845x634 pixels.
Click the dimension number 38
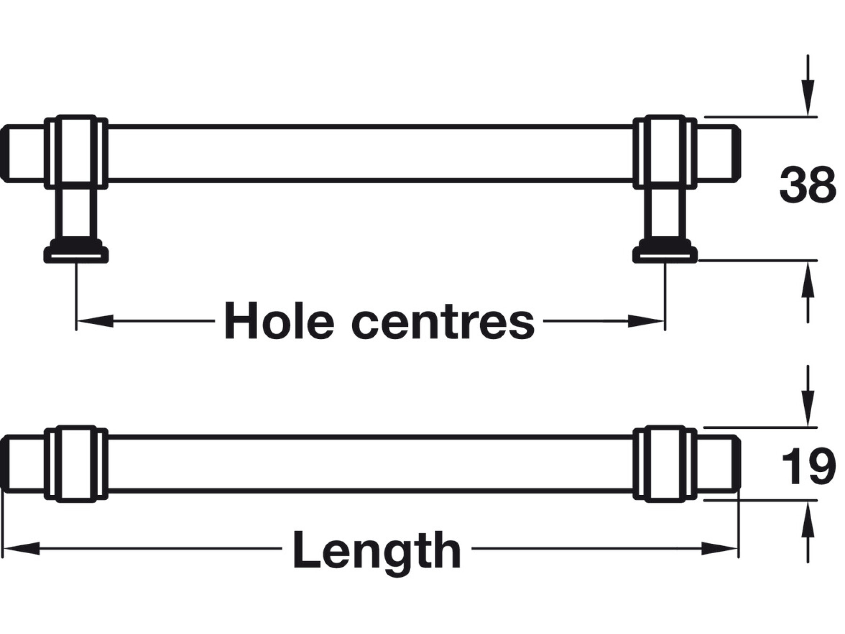point(807,185)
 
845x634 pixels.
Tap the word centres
point(443,322)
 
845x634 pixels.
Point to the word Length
point(377,550)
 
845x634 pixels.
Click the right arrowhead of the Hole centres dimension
point(646,321)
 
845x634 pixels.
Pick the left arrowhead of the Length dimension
point(21,548)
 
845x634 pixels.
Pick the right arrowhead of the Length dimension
point(720,548)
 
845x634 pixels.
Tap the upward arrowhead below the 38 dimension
point(807,279)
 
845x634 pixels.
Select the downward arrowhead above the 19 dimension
point(807,409)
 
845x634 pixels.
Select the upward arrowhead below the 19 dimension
point(807,519)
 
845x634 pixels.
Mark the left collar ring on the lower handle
point(76,464)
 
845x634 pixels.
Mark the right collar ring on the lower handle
point(665,464)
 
